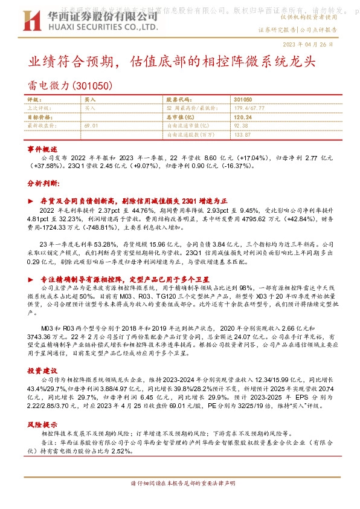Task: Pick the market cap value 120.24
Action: (x=242, y=117)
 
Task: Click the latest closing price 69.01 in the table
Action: (x=92, y=125)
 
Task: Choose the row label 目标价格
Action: (x=40, y=117)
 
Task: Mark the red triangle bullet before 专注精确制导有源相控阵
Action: (x=31, y=280)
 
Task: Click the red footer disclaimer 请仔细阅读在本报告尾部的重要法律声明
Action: (x=180, y=484)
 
